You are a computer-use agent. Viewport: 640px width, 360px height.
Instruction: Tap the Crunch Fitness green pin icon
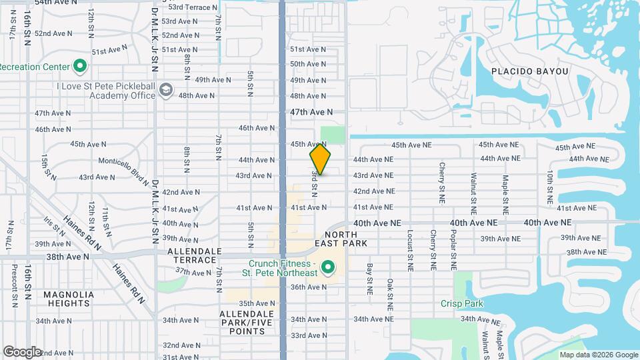coord(327,269)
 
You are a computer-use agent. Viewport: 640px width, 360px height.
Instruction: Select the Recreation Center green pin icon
coord(80,66)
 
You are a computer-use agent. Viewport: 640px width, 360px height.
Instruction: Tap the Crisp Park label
coord(461,304)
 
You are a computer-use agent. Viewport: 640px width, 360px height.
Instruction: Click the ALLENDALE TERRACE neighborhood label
coord(194,255)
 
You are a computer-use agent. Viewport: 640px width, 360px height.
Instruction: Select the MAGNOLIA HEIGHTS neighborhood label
coord(69,299)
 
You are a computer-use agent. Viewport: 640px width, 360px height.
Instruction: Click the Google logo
coord(22,351)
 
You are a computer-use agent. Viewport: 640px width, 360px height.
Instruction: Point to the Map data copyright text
coord(599,355)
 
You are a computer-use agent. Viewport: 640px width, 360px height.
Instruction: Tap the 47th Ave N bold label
coord(311,113)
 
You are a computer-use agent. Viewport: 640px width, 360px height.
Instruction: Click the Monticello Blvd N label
coord(123,167)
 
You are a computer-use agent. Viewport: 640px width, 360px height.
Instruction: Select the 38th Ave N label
coord(67,256)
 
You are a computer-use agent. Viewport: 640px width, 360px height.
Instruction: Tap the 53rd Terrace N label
coord(193,7)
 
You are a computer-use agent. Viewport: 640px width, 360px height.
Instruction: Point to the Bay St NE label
coord(369,279)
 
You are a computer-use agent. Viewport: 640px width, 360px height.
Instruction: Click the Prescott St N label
coord(14,281)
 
